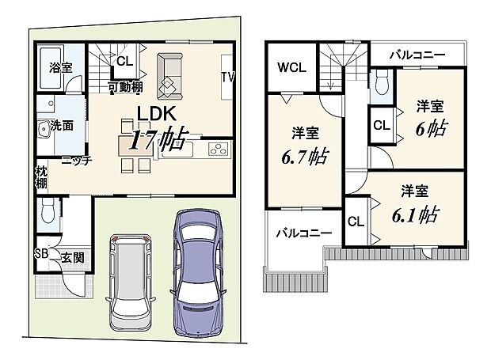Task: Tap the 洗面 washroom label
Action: pos(62,125)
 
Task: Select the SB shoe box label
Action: pos(42,255)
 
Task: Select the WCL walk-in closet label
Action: pos(289,68)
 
